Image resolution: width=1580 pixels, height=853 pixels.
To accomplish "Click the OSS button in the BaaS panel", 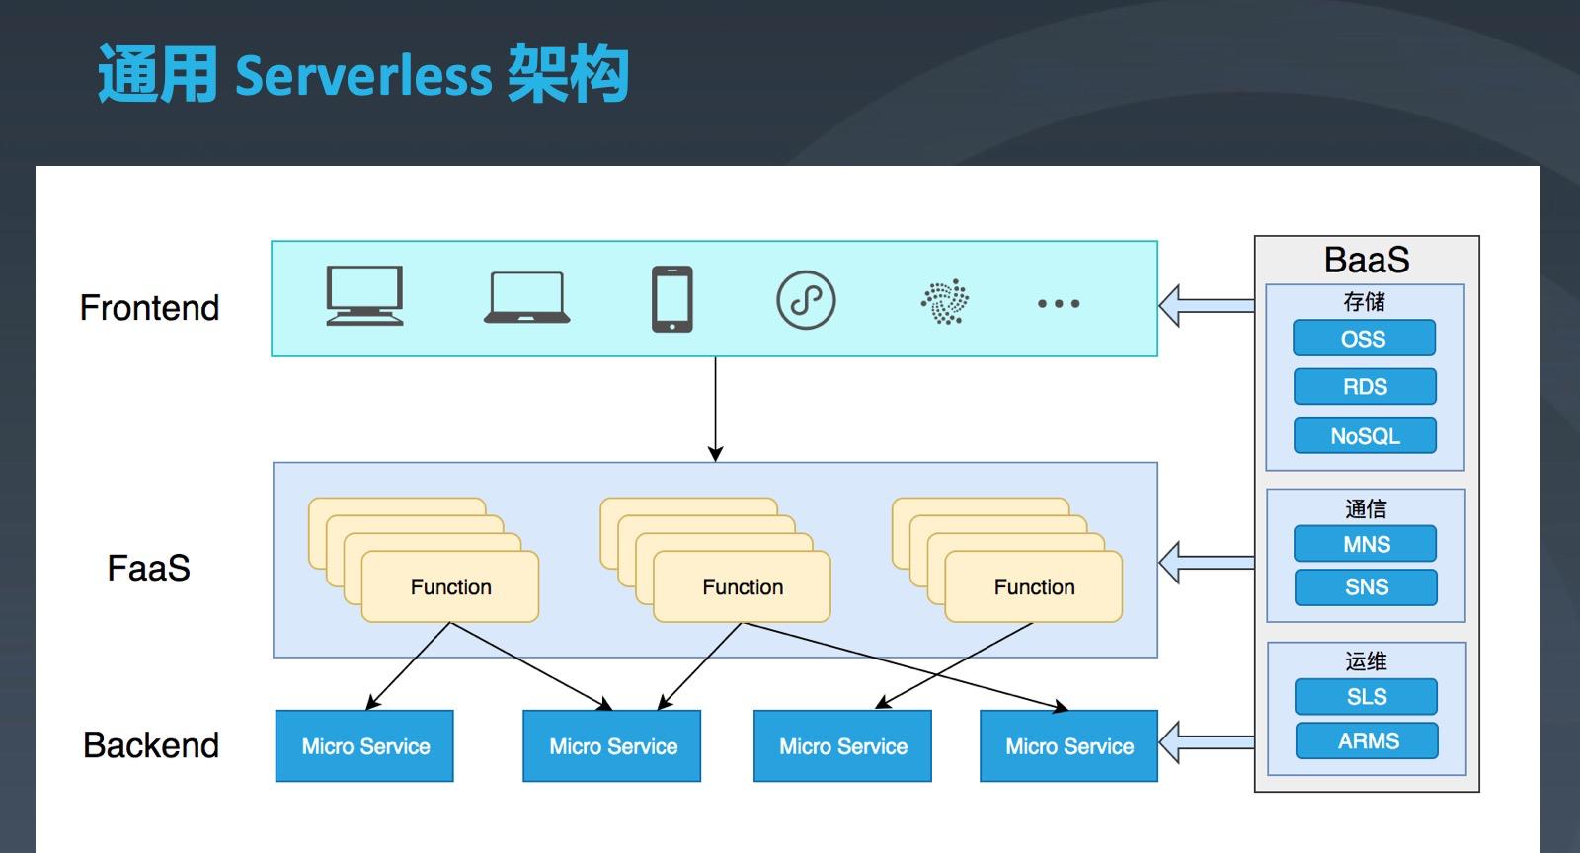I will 1364,339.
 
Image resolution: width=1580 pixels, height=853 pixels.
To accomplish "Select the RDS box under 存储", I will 1365,387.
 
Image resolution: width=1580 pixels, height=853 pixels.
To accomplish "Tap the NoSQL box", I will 1365,435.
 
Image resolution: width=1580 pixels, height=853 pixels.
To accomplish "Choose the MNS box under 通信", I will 1366,544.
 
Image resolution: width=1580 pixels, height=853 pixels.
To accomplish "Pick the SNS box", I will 1366,587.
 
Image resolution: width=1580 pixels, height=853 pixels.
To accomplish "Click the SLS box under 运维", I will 1366,697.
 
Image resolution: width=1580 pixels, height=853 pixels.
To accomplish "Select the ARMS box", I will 1367,740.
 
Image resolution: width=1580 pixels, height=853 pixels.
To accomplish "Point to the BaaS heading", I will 1367,260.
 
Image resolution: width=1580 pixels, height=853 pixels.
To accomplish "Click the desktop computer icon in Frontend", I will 364,295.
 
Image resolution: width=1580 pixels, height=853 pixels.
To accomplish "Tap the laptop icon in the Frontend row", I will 526,298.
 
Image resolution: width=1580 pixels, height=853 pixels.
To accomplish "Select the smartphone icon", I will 672,298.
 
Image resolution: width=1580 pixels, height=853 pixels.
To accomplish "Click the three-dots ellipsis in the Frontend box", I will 1058,303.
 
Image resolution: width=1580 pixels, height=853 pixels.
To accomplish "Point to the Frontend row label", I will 149,308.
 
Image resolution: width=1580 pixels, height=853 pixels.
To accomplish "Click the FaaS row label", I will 148,569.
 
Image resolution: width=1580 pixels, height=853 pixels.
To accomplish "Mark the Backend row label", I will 151,745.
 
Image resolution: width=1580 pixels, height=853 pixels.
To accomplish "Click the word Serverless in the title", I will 363,76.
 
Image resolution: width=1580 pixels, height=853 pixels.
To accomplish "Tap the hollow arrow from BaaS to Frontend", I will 1206,305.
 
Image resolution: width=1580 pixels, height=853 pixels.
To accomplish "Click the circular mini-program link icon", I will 806,300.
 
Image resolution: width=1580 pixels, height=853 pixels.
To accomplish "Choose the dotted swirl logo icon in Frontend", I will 945,302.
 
